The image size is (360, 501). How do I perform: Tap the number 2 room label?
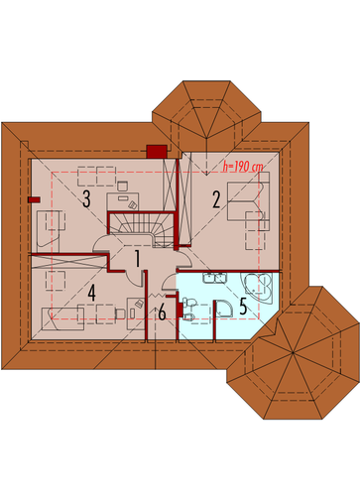pos(216,199)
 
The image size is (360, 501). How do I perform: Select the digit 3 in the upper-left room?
pos(86,199)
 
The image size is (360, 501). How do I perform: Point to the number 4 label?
pos(91,293)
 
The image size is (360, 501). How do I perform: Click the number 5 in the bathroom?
pos(243,306)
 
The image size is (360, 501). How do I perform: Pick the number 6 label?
pos(162,313)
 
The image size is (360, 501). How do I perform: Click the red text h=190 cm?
pos(243,167)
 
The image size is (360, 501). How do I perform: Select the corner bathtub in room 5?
pos(259,288)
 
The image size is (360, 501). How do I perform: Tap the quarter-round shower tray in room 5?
pos(225,310)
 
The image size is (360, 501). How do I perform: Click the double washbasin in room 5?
pos(214,278)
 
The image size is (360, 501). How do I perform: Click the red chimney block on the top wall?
pos(157,151)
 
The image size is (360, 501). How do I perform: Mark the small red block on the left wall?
pos(34,199)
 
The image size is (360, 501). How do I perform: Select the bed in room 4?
pos(62,319)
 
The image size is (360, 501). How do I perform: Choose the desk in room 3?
pos(123,201)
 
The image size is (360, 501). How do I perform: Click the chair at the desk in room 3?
pos(122,186)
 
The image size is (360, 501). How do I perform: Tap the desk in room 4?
pos(136,313)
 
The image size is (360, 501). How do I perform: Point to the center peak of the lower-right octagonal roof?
pos(293,353)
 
